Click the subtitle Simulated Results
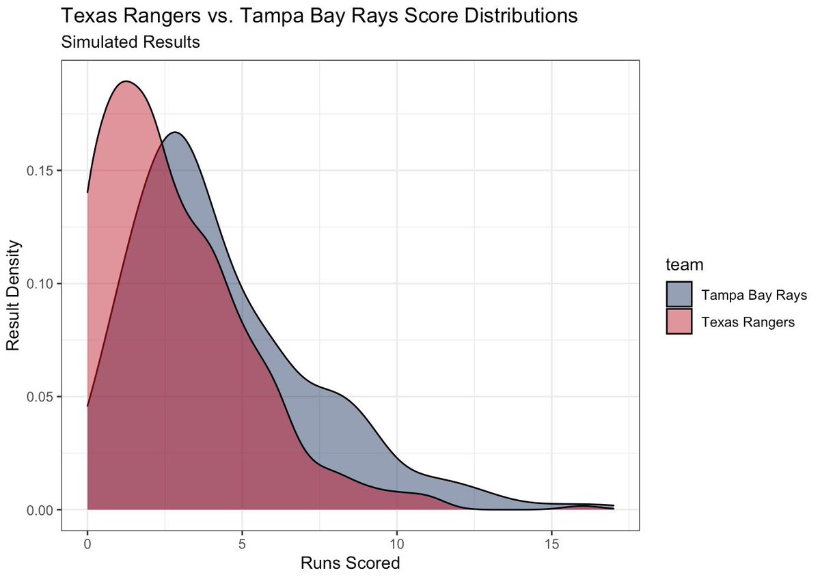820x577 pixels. coord(130,42)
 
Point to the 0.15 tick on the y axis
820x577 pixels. coord(42,170)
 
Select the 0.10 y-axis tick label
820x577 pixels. coord(42,283)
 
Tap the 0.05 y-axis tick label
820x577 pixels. coord(42,397)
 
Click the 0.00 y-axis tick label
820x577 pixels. coord(42,510)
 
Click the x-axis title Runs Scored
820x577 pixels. coord(350,564)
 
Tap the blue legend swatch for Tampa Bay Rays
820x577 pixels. coord(679,295)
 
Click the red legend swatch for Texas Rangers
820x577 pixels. coord(679,322)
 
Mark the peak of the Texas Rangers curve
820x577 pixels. coord(126,81)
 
